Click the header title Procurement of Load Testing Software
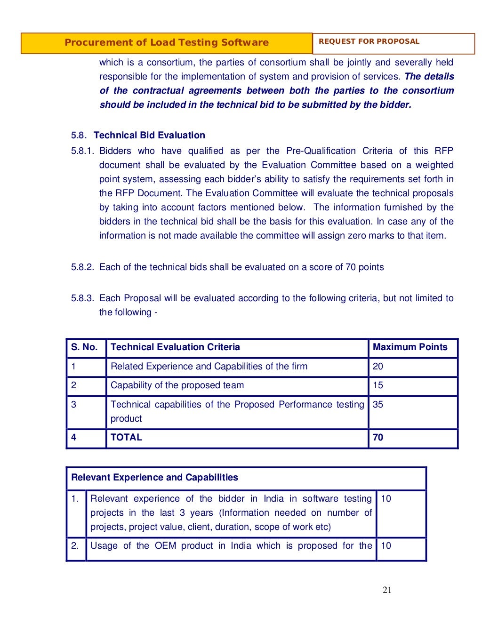(167, 43)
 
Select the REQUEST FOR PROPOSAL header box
(369, 41)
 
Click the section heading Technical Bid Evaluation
(149, 136)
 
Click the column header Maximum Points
(410, 347)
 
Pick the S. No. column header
(84, 347)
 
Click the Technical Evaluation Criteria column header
(175, 347)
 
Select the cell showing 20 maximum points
(378, 367)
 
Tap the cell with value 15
(378, 385)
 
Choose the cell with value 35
(378, 405)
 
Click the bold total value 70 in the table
(378, 438)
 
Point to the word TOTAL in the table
(126, 438)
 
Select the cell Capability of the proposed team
(177, 385)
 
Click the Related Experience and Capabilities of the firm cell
(209, 367)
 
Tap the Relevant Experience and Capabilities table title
(154, 478)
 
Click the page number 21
(387, 590)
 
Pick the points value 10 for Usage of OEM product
(386, 546)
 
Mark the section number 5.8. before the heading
(79, 136)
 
